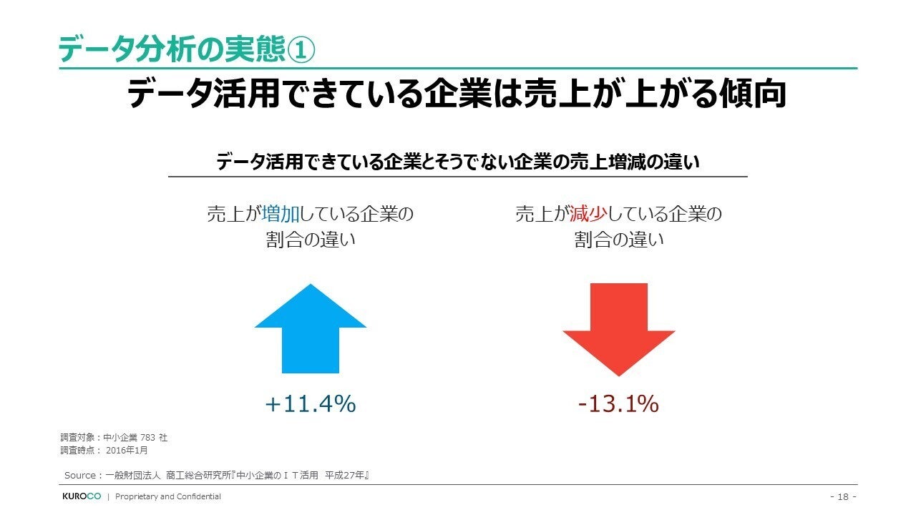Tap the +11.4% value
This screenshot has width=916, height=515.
pos(311,404)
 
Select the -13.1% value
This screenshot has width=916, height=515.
pos(618,404)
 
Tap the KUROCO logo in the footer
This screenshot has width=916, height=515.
pos(81,496)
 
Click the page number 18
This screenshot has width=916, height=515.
pos(842,496)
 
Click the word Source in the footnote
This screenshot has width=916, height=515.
pos(79,476)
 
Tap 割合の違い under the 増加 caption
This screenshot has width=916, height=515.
pos(311,240)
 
